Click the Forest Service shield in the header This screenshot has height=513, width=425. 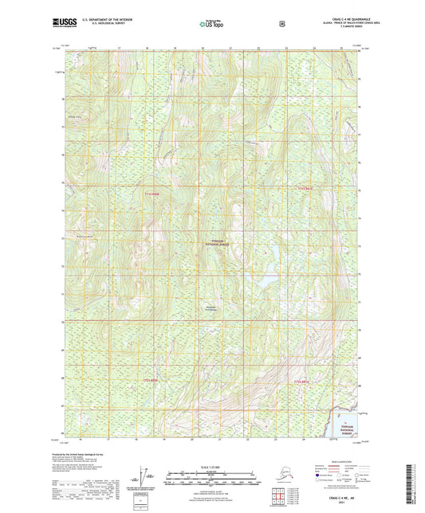click(281, 24)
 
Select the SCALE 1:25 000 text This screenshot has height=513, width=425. click(211, 465)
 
